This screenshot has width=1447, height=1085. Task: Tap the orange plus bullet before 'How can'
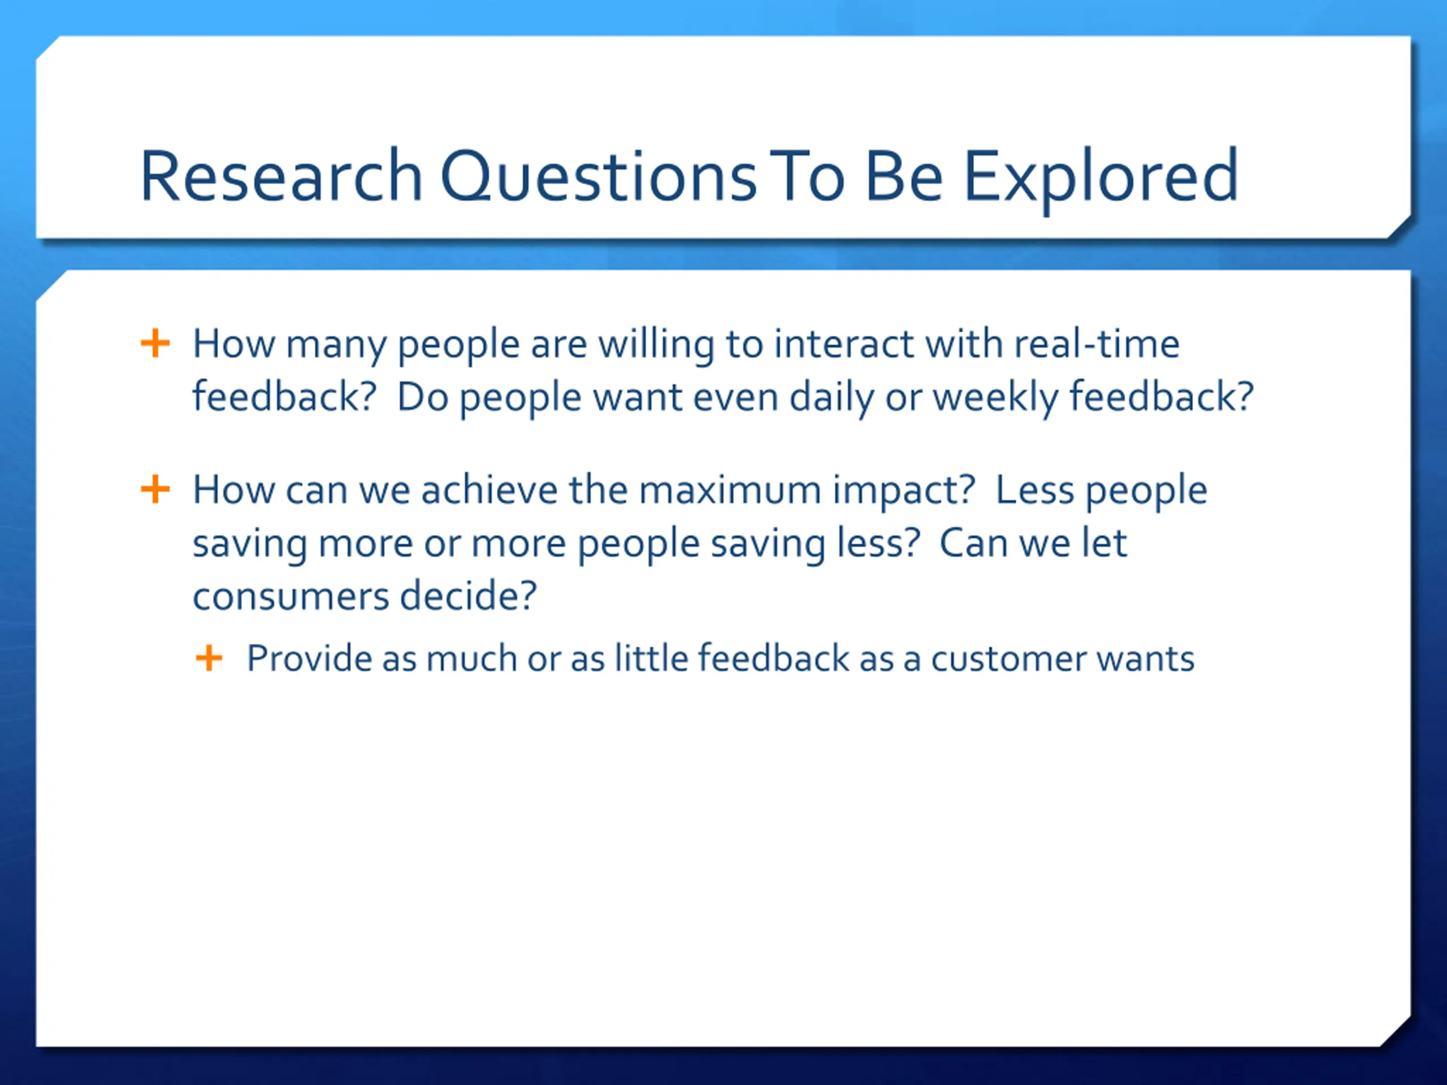pyautogui.click(x=155, y=489)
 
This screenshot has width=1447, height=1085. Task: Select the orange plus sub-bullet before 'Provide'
pyautogui.click(x=209, y=658)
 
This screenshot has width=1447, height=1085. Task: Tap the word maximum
pyautogui.click(x=729, y=491)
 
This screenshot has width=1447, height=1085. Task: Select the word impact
pyautogui.click(x=898, y=492)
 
